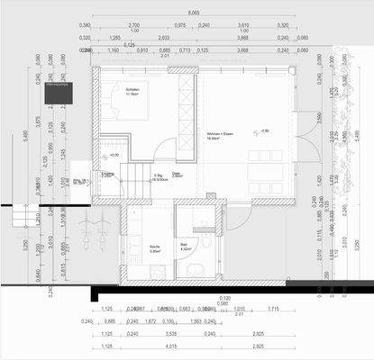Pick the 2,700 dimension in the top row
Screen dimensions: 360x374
click(133, 26)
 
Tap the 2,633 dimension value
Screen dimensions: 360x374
click(164, 38)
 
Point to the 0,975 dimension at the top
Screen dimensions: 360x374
click(180, 26)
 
